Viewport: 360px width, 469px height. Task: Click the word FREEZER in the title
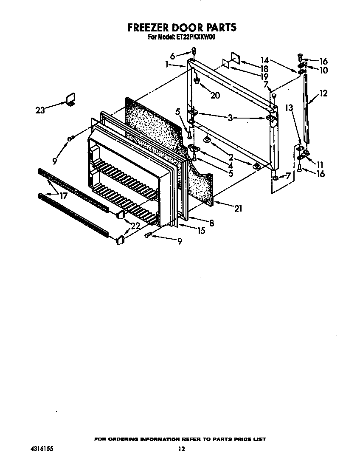(x=147, y=28)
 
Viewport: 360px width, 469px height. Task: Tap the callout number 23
(x=40, y=110)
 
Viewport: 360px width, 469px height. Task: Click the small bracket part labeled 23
(x=70, y=99)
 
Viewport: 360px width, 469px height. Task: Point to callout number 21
(x=238, y=209)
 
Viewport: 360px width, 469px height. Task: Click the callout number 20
(x=215, y=96)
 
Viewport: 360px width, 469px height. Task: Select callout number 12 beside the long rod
(x=323, y=93)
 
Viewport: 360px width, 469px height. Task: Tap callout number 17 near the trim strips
(x=63, y=196)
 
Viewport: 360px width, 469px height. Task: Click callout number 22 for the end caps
(x=135, y=226)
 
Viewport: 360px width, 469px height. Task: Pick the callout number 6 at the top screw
(x=172, y=56)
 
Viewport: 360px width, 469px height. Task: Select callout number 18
(x=264, y=69)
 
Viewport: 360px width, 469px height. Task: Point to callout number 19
(x=264, y=76)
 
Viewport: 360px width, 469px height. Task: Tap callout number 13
(x=289, y=107)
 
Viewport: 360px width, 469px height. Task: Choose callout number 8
(x=212, y=223)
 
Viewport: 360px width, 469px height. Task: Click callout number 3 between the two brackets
(x=230, y=118)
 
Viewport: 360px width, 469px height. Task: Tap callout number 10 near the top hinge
(x=323, y=70)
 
